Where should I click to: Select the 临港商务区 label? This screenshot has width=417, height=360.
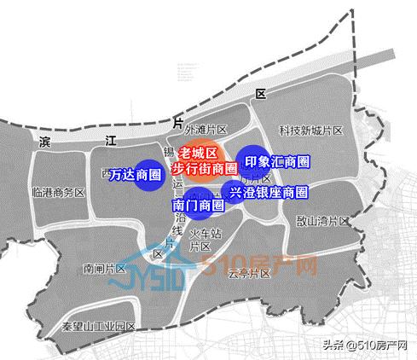(57, 193)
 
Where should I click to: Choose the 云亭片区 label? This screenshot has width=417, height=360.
(249, 273)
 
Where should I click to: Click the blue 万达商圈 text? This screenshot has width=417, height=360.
(136, 175)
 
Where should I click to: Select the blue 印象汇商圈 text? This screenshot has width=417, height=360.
(276, 161)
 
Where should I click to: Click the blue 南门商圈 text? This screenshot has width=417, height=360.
(198, 206)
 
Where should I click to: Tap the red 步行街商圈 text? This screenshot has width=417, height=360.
(204, 168)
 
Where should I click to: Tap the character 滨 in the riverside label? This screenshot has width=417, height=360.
(46, 142)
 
